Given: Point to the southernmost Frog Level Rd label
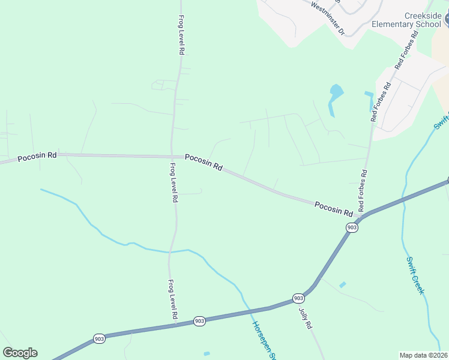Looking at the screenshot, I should pos(173,299).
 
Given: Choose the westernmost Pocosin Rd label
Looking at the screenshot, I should pos(37,157).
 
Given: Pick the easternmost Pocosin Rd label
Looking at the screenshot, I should pos(333,208).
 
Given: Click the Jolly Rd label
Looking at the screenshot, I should pos(306,317).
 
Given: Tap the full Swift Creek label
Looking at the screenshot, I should pos(415,275).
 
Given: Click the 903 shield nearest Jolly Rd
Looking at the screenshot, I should pos(298,298).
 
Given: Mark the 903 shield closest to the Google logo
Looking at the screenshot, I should pos(99,339).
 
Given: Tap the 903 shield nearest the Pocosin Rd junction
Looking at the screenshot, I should pos(352,227).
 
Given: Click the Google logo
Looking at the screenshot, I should pos(20,353).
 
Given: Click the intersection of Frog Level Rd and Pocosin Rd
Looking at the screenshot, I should pos(173,157).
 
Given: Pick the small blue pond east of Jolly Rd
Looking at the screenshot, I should pos(342,284).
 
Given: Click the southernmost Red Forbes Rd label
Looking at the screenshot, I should pos(363,191).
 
